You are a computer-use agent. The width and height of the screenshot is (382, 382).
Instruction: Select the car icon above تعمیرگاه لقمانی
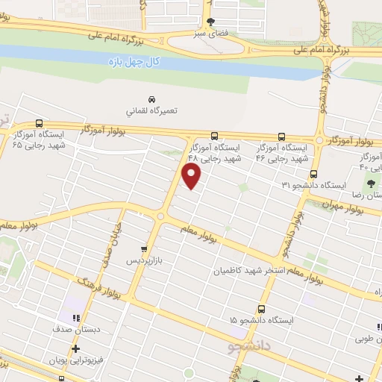pos(152,99)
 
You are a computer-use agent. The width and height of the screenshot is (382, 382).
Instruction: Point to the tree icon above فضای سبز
pos(211,22)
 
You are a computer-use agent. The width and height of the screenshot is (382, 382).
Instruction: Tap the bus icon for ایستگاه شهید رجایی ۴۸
pos(214,136)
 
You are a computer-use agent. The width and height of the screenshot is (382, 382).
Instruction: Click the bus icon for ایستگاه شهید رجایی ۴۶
pos(281,137)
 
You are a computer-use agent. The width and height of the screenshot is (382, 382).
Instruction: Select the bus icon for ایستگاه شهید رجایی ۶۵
pos(39,124)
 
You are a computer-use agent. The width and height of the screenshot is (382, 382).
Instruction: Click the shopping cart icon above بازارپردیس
pos(145,250)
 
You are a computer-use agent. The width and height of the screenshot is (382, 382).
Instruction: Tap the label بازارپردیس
pos(145,261)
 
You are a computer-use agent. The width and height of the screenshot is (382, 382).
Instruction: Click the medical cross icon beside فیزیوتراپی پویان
pos(75,348)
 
